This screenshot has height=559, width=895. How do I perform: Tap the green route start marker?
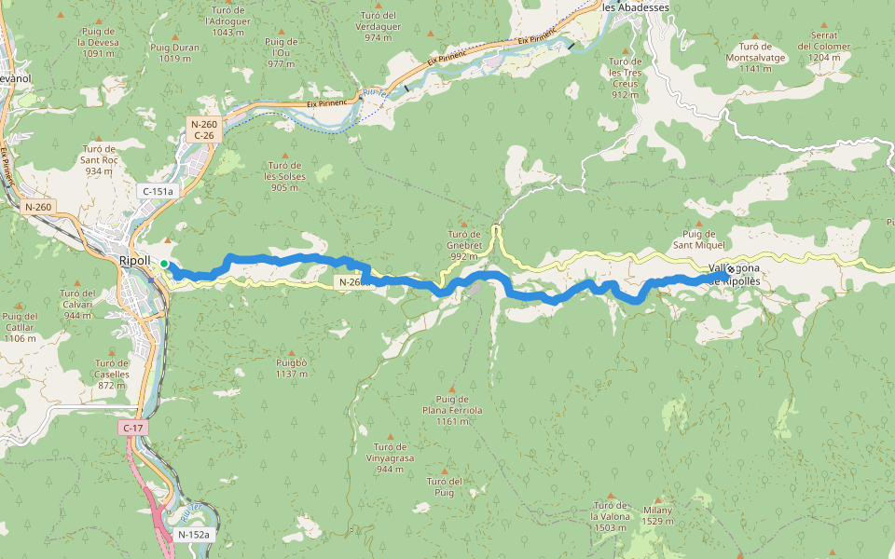(164, 264)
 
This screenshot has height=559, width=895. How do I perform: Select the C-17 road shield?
(132, 428)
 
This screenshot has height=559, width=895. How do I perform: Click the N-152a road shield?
(194, 535)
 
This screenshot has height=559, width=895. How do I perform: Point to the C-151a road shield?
(157, 191)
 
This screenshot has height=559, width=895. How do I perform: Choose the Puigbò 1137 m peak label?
(291, 368)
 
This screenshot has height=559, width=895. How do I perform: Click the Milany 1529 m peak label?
(656, 516)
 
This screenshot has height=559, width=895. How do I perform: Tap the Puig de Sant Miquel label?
(698, 239)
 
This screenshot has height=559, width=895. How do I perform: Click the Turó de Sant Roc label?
(99, 159)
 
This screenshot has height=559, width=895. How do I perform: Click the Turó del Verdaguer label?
(379, 26)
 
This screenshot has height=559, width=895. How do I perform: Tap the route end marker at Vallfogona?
(730, 271)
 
